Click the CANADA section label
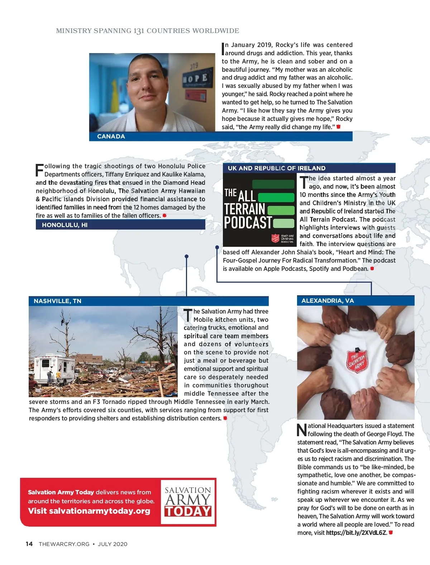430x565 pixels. pyautogui.click(x=111, y=137)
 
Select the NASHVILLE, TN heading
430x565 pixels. pyautogui.click(x=58, y=301)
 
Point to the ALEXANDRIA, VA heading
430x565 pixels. pyautogui.click(x=328, y=301)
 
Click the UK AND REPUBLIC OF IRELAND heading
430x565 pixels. pyautogui.click(x=277, y=168)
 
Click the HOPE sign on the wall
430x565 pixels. pyautogui.click(x=196, y=78)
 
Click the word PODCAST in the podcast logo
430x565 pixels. pyautogui.click(x=248, y=223)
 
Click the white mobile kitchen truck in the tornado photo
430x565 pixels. pyautogui.click(x=54, y=369)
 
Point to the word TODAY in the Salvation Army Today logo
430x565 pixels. pyautogui.click(x=188, y=511)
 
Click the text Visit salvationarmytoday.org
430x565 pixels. pyautogui.click(x=89, y=511)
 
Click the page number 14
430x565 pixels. pyautogui.click(x=29, y=544)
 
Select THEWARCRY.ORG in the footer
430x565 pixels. pyautogui.click(x=64, y=544)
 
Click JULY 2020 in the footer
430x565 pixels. pyautogui.click(x=113, y=544)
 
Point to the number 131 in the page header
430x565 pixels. pyautogui.click(x=139, y=31)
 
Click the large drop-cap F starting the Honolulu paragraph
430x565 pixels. pyautogui.click(x=39, y=170)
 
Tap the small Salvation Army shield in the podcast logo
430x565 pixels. pyautogui.click(x=275, y=238)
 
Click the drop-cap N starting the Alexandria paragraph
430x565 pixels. pyautogui.click(x=302, y=430)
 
